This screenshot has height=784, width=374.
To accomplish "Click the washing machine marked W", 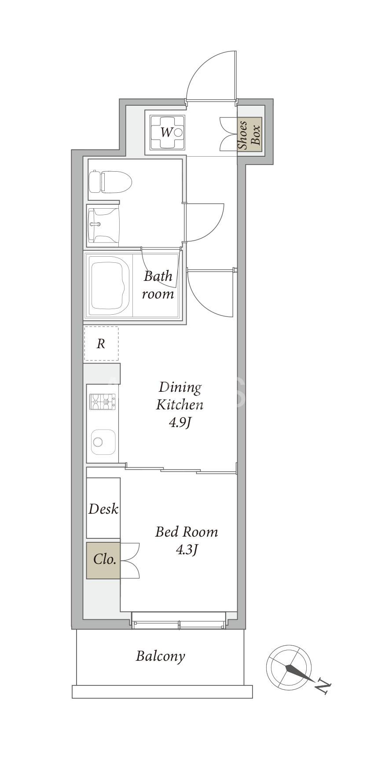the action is coord(167,132).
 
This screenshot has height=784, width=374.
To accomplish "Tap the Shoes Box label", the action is coord(249,134).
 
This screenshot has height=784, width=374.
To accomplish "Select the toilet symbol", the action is coord(110,181).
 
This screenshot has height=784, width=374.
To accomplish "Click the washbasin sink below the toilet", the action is coord(103,225).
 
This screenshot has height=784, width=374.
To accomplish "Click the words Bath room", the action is coord(158,285).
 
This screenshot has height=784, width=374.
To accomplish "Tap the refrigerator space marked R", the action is coord(101,343).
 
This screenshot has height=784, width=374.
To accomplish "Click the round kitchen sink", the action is coord(103,442).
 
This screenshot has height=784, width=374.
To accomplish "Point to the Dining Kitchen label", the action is coord(180,396).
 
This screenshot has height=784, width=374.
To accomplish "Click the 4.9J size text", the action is coord(180,423).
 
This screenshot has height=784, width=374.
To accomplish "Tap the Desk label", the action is coord(103,509).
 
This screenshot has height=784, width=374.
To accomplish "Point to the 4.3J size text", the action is coord(187,550).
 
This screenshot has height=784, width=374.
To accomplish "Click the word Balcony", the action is coord(160,656).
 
